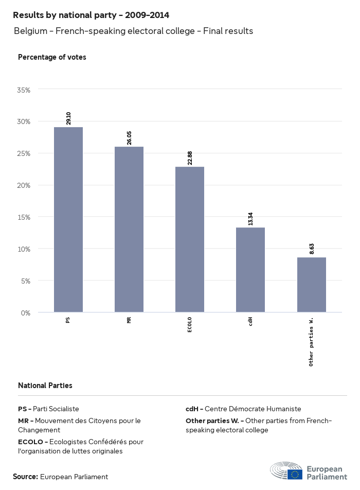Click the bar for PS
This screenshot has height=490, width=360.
tap(68, 220)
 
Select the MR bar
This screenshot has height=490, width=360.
tap(129, 230)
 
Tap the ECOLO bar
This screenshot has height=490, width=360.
tap(190, 239)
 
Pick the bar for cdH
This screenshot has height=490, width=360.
tap(250, 270)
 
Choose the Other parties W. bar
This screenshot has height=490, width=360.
tap(311, 285)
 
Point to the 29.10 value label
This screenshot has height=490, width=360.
tap(68, 118)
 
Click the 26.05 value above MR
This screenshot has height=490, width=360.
tap(129, 137)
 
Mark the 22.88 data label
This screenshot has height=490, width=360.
tap(190, 157)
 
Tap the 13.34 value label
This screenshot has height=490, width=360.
tap(250, 218)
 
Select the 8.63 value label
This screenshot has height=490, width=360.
tap(311, 249)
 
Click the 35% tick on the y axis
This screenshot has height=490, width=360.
tap(24, 90)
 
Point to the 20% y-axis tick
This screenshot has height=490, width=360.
tap(24, 185)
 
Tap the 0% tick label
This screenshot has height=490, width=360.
tap(26, 313)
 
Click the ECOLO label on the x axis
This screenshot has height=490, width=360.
tap(190, 325)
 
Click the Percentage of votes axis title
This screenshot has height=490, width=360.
tap(52, 57)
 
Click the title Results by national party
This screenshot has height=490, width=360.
tap(91, 15)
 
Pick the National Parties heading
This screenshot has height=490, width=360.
tap(45, 385)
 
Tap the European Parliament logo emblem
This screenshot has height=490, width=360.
tap(286, 470)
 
